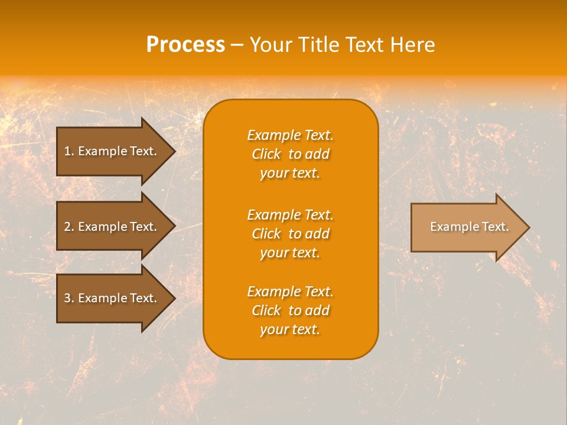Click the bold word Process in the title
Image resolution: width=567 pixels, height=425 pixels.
(185, 45)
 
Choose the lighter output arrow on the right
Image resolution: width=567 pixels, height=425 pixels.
(467, 227)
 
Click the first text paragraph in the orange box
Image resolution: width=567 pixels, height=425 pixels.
(290, 154)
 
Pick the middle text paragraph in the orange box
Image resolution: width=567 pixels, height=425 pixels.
(290, 234)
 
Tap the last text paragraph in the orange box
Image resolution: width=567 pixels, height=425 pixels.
(290, 310)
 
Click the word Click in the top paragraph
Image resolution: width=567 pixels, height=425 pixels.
(266, 154)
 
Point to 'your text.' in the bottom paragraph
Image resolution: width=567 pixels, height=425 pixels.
(290, 329)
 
